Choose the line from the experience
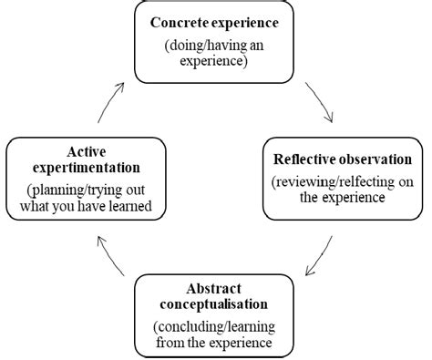(216, 345)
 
